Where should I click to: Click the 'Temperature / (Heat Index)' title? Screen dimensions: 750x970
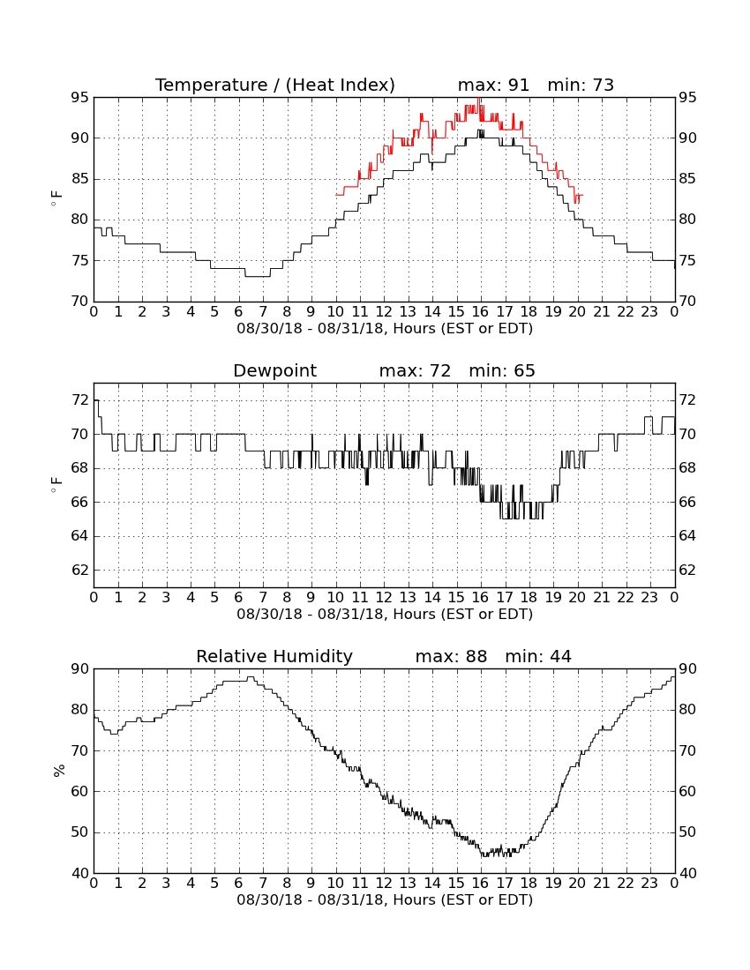click(x=274, y=85)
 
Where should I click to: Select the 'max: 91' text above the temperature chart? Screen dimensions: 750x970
click(x=493, y=85)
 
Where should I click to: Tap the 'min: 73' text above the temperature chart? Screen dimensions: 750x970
click(x=581, y=85)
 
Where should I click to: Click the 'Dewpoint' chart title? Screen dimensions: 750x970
click(x=274, y=370)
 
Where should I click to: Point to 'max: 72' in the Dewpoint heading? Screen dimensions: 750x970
click(x=415, y=370)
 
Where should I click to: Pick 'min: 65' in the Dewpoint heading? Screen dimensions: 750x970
click(x=502, y=370)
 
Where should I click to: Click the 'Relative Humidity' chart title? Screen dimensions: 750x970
click(x=274, y=656)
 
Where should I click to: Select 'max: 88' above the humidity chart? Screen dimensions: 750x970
click(x=451, y=656)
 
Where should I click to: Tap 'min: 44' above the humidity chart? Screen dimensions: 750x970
click(x=537, y=656)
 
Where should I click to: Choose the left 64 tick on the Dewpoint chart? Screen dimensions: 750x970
click(x=80, y=536)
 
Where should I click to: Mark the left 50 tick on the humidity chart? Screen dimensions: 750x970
click(x=80, y=832)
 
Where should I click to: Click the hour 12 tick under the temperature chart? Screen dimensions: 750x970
click(x=384, y=312)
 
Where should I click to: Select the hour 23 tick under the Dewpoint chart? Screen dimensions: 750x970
click(x=649, y=598)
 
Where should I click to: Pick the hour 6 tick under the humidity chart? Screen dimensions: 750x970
click(x=239, y=884)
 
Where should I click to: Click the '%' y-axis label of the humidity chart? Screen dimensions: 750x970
click(x=59, y=771)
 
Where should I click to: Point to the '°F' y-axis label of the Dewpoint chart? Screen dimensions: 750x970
click(x=56, y=485)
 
